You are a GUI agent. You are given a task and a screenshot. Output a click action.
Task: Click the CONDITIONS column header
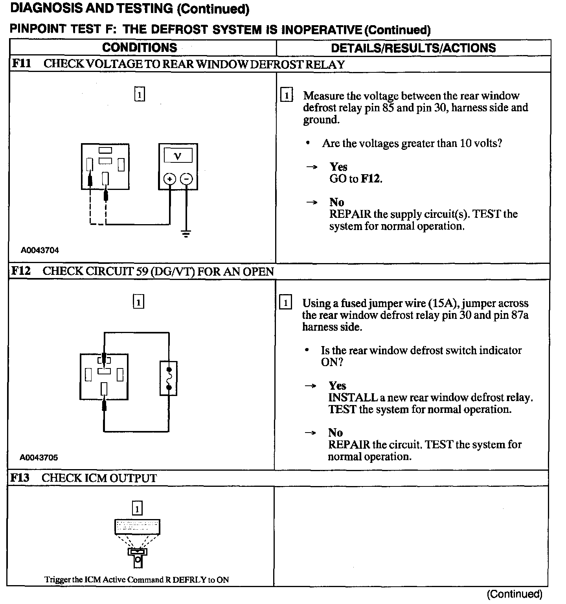pos(140,48)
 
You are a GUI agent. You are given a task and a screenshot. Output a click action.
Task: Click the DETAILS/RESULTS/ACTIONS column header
pos(413,48)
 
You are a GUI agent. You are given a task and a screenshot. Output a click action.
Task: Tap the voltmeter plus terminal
pos(169,179)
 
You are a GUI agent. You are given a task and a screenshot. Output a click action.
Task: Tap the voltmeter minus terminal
pos(186,179)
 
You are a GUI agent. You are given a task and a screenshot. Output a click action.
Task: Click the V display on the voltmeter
pos(178,156)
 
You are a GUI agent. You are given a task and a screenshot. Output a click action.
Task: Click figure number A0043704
pos(40,250)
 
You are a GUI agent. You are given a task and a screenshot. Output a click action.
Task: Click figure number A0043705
pos(39,457)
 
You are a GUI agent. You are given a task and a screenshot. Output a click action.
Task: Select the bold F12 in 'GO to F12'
pos(371,179)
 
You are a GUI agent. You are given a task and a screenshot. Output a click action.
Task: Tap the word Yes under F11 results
pos(338,167)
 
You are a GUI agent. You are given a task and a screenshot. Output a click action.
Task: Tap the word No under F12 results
pos(335,433)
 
